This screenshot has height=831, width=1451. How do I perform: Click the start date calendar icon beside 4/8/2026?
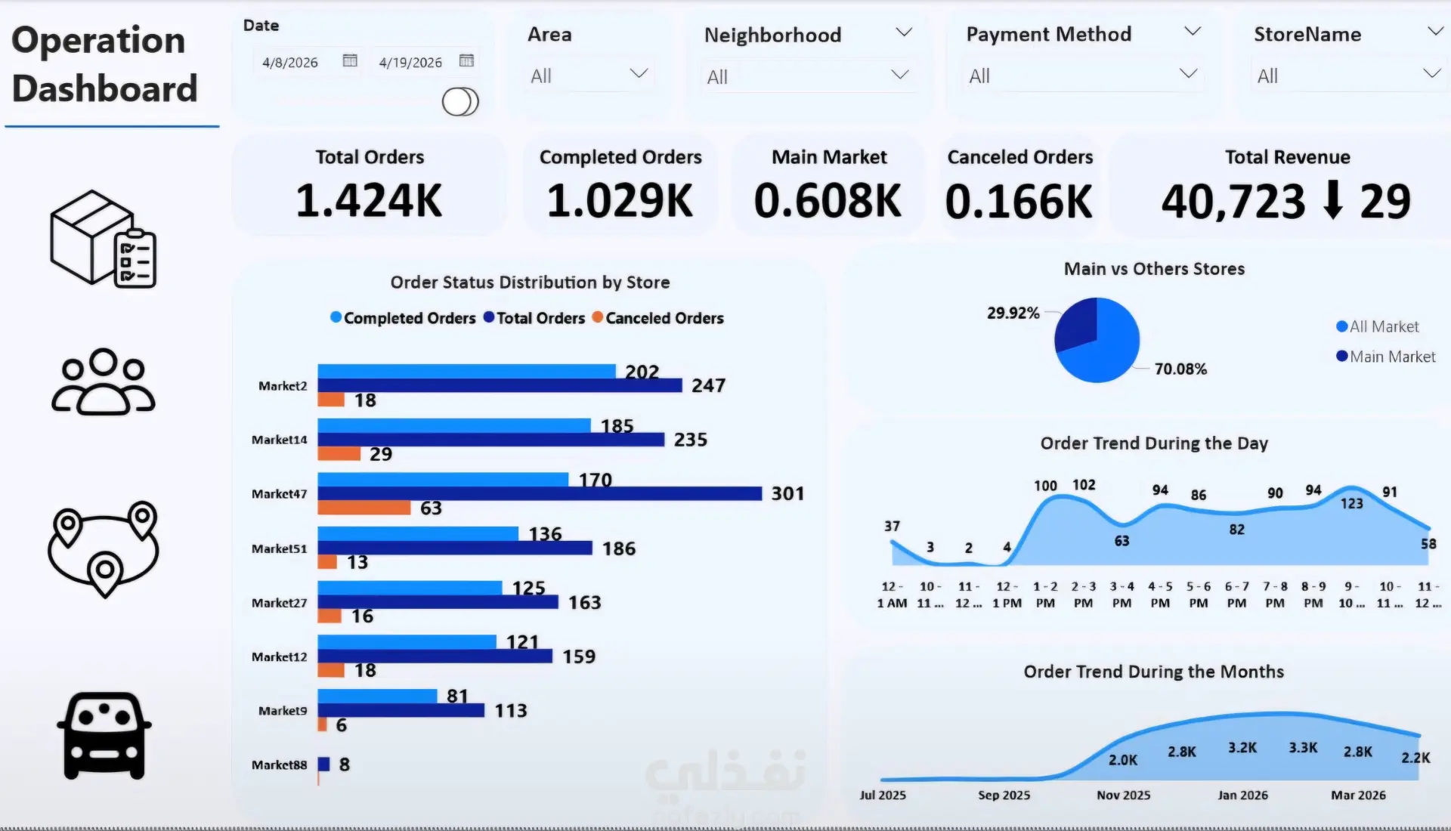pyautogui.click(x=350, y=60)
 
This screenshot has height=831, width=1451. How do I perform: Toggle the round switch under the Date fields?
pyautogui.click(x=460, y=101)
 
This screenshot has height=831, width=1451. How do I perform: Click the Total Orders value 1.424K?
pyautogui.click(x=369, y=201)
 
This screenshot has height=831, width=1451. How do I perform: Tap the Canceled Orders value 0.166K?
pyautogui.click(x=1019, y=202)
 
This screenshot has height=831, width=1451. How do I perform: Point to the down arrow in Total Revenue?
pyautogui.click(x=1334, y=200)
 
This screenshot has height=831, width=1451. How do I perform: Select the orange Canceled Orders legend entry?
pyautogui.click(x=657, y=318)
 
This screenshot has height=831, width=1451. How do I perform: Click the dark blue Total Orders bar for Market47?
pyautogui.click(x=540, y=493)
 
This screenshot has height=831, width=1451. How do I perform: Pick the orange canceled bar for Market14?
pyautogui.click(x=339, y=453)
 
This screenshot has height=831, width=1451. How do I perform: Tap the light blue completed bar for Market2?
pyautogui.click(x=467, y=371)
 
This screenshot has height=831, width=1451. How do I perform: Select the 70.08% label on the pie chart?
pyautogui.click(x=1180, y=369)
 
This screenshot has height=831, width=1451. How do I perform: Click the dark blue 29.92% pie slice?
pyautogui.click(x=1077, y=323)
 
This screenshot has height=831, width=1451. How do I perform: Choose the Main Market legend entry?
pyautogui.click(x=1385, y=357)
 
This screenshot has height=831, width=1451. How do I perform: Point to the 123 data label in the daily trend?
pyautogui.click(x=1352, y=503)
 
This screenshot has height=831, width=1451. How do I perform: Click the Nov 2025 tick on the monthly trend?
pyautogui.click(x=1124, y=795)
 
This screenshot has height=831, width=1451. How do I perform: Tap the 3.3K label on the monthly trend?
pyautogui.click(x=1303, y=747)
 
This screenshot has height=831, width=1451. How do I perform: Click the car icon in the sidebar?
pyautogui.click(x=104, y=736)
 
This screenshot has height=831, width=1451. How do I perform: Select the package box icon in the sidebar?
pyautogui.click(x=104, y=239)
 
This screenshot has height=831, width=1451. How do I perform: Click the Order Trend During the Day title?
pyautogui.click(x=1154, y=443)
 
